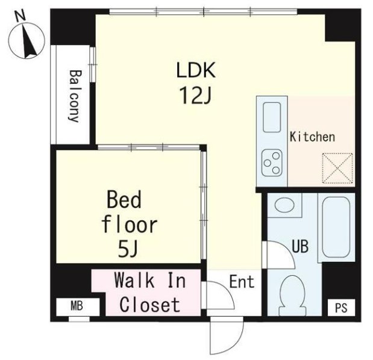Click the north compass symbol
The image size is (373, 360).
coord(27,40)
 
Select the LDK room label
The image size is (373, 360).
coord(196,70)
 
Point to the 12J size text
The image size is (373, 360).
coord(196,96)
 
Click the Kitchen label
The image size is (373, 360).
coord(312,137)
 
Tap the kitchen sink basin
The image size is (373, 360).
coord(272,117)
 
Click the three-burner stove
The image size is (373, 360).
coord(272,163)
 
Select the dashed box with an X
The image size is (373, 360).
coord(337,168)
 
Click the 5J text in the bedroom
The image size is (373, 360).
coord(128,249)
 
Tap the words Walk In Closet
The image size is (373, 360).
coord(150,293)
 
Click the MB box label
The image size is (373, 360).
coord(77,306)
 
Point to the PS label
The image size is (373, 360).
coord(341,308)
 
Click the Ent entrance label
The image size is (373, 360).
coord(242,282)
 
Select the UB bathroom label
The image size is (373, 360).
coord(300,246)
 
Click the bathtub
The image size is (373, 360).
coord(336,228)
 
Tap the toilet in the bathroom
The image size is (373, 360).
coord(292,296)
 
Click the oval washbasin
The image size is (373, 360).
coord(284,204)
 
